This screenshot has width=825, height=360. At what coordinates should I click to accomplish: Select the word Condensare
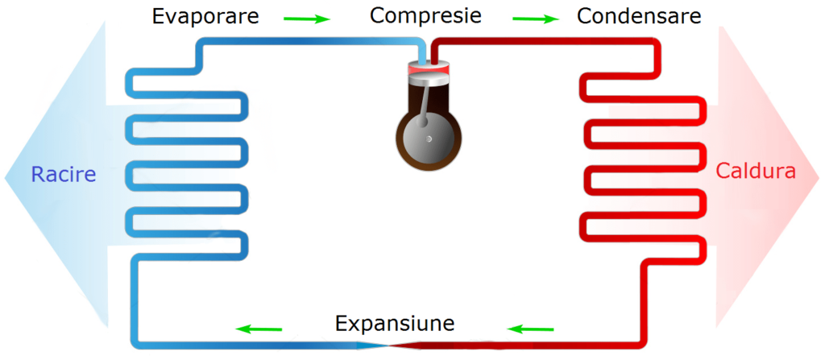tap(639, 16)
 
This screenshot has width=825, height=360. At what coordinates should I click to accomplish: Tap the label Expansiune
tap(395, 324)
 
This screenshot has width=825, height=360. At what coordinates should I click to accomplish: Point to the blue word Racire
tap(64, 174)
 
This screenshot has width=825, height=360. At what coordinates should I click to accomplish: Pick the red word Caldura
tap(756, 172)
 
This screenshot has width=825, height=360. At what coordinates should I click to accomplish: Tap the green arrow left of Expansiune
tap(259, 329)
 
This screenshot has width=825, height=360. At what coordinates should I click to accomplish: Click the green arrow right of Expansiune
tap(531, 329)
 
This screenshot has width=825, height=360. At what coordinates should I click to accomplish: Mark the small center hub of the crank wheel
tap(429, 139)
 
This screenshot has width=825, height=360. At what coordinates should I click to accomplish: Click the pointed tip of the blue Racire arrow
tap(6, 176)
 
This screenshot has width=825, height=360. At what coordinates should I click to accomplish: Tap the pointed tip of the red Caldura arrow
tap(819, 176)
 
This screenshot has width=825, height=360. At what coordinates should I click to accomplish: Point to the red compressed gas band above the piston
tap(429, 71)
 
